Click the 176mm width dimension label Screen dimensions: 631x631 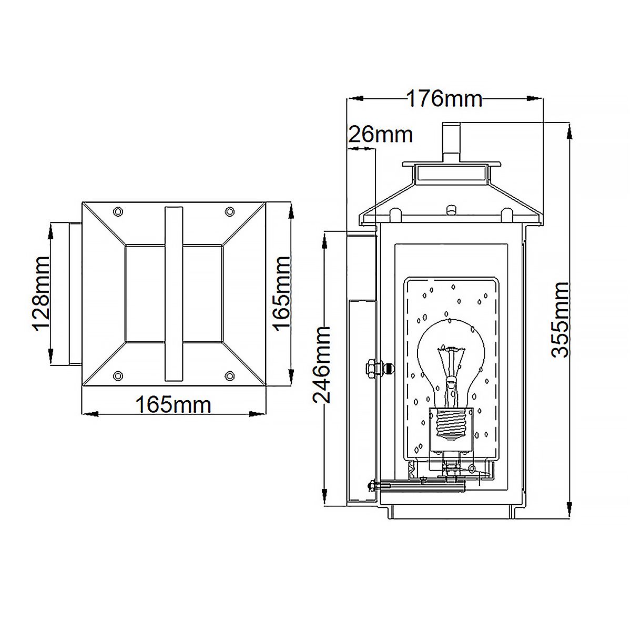[x=444, y=99]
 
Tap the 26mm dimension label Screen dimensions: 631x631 [x=381, y=135]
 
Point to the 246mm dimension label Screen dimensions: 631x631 [x=322, y=364]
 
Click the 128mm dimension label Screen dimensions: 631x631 [x=40, y=292]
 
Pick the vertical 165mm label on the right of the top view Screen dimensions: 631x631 [x=282, y=292]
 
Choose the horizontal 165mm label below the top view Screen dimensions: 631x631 [x=174, y=405]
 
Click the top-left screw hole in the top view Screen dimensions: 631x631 [x=118, y=211]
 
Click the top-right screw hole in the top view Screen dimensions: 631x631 [x=229, y=211]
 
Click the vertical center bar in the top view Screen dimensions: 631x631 [x=174, y=293]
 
